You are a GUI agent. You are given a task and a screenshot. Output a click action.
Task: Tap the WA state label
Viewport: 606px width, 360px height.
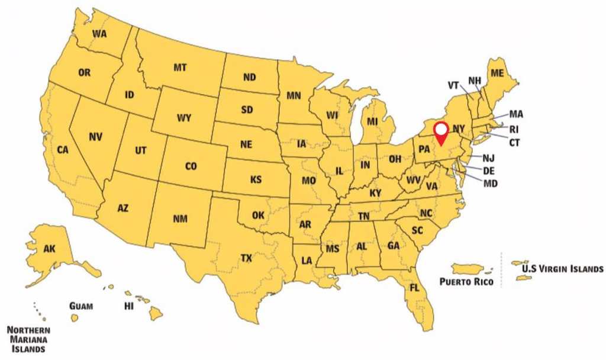pyautogui.click(x=99, y=34)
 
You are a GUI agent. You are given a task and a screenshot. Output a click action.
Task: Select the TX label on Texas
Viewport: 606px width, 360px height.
pyautogui.click(x=246, y=258)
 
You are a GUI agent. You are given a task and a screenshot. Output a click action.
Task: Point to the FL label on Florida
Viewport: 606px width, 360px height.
pyautogui.click(x=415, y=288)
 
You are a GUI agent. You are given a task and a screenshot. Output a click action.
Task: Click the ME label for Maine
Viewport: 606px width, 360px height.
pyautogui.click(x=498, y=73)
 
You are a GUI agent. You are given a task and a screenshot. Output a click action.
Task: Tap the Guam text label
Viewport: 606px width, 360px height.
pyautogui.click(x=81, y=306)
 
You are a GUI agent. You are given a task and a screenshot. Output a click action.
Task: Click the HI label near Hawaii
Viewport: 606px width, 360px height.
pyautogui.click(x=128, y=306)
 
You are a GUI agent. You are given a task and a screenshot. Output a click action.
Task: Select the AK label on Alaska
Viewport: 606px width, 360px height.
pyautogui.click(x=50, y=249)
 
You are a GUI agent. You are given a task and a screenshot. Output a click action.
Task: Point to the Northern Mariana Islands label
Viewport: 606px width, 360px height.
pyautogui.click(x=28, y=339)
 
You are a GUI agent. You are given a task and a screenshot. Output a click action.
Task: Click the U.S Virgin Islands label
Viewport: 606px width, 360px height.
pyautogui.click(x=562, y=268)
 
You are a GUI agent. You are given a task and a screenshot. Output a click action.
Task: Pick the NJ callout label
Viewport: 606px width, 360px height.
pyautogui.click(x=488, y=158)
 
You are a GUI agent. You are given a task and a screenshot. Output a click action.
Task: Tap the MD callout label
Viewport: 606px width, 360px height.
pyautogui.click(x=491, y=184)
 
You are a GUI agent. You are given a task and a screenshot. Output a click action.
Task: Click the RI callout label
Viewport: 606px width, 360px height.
pyautogui.click(x=514, y=129)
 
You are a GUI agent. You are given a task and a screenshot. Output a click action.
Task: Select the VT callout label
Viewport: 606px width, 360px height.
pyautogui.click(x=454, y=85)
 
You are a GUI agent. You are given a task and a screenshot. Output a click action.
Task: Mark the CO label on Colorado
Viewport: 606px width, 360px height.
pyautogui.click(x=191, y=167)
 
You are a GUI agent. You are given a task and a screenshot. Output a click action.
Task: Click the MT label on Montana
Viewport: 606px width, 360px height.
pyautogui.click(x=180, y=67)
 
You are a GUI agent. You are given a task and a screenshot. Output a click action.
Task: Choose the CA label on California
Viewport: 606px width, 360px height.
pyautogui.click(x=63, y=150)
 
